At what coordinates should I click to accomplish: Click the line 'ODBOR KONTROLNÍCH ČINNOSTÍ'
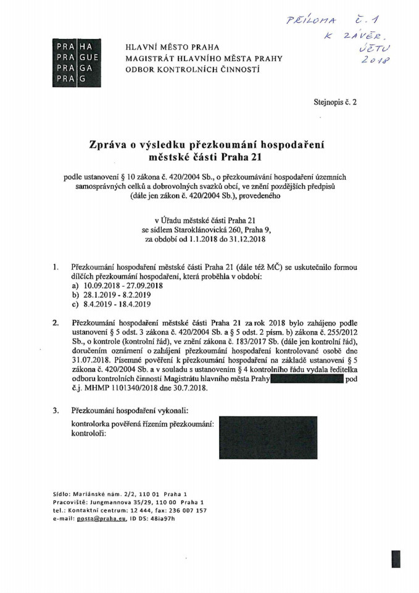pyautogui.click(x=193, y=70)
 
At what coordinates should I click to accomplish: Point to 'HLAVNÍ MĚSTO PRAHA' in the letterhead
pyautogui.click(x=172, y=48)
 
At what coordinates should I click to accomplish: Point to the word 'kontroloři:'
pyautogui.click(x=89, y=434)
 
